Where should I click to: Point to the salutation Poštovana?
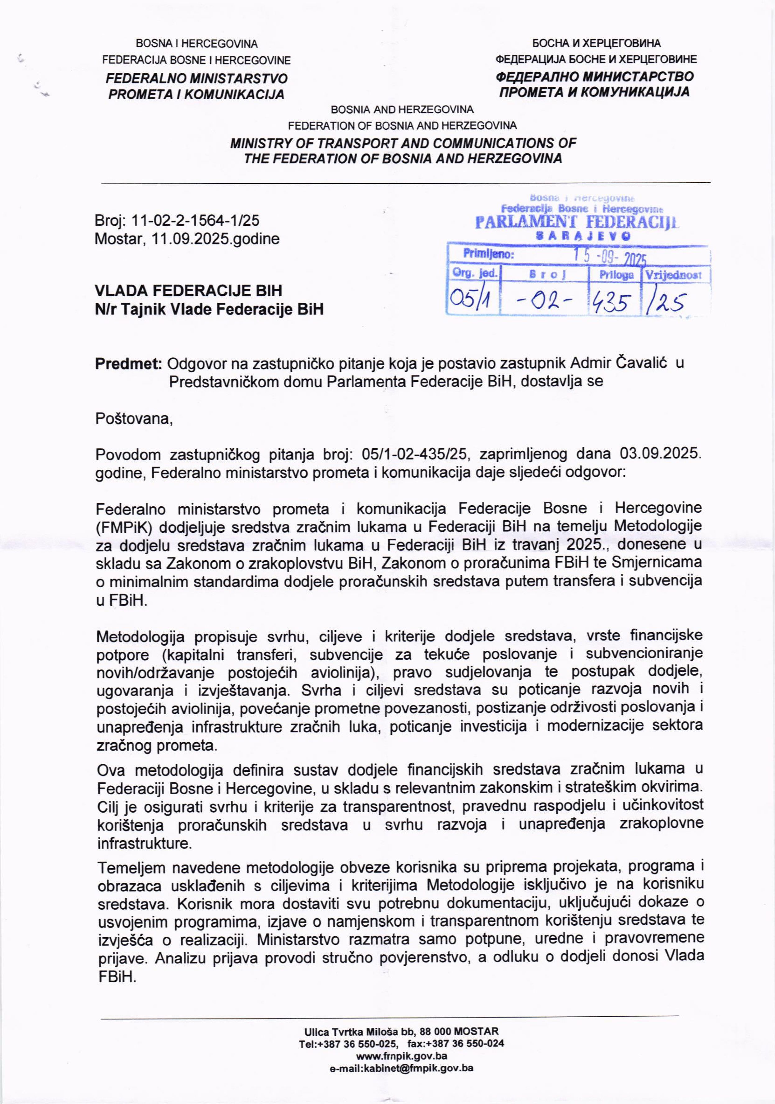[x=134, y=418]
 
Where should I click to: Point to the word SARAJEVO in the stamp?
[x=583, y=236]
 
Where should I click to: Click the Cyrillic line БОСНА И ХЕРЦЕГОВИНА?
[x=596, y=43]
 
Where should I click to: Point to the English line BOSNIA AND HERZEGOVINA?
[x=402, y=109]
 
